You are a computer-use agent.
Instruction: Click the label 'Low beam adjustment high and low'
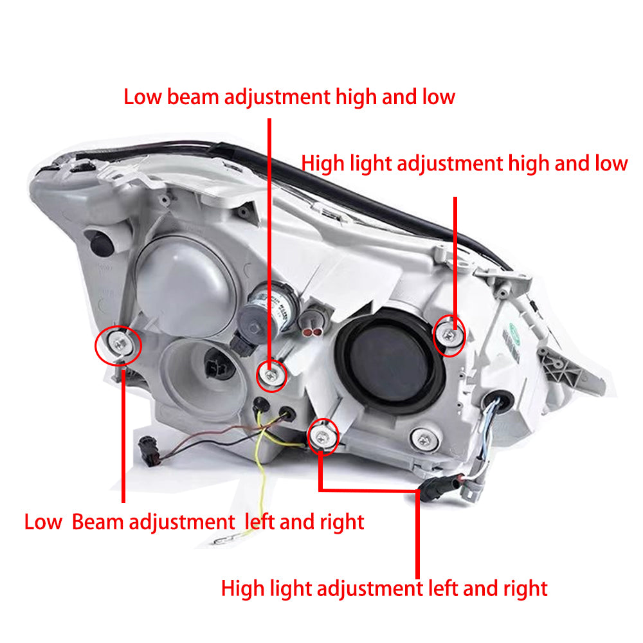click(x=289, y=98)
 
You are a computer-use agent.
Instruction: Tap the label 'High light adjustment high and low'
click(x=464, y=163)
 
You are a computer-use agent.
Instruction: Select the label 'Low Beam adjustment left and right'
click(x=194, y=522)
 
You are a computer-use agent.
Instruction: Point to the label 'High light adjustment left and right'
click(x=385, y=588)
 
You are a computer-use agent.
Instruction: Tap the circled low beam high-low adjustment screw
click(x=271, y=376)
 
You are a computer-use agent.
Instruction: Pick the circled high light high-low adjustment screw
click(x=449, y=336)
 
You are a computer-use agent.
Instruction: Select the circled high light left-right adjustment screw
click(x=322, y=437)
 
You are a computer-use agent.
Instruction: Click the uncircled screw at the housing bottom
click(x=424, y=440)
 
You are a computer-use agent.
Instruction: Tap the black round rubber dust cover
click(x=390, y=361)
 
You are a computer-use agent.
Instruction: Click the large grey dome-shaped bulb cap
click(x=185, y=284)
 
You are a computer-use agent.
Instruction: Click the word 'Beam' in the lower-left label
click(x=98, y=522)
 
